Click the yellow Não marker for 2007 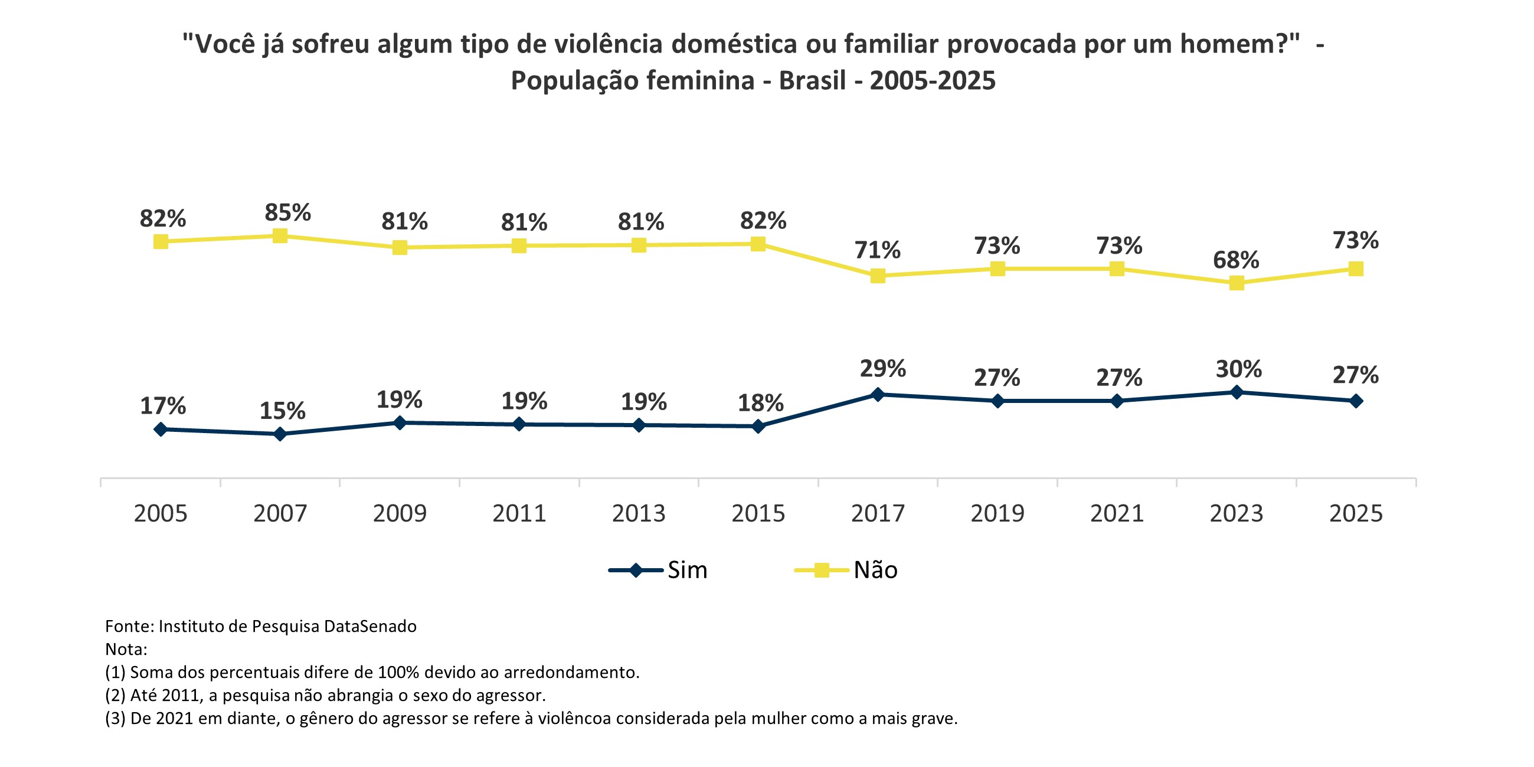(280, 236)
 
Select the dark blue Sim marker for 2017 (877, 394)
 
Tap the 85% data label (287, 212)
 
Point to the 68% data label (1236, 260)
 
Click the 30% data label (1239, 369)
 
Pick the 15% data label (282, 411)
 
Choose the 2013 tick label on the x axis (639, 513)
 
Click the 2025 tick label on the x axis (1356, 513)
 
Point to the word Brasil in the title (812, 80)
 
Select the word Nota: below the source (126, 649)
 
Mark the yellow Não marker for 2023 (1237, 283)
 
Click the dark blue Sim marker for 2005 (160, 430)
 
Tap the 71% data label (877, 250)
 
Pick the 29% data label (882, 369)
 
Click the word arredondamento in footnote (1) (571, 673)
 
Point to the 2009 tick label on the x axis (400, 513)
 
